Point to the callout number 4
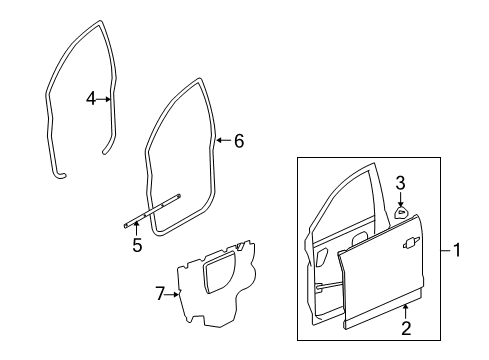pos(90,99)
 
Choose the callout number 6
pos(238,141)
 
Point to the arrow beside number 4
pos(106,99)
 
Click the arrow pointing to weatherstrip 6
pos(222,141)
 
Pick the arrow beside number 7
pos(174,293)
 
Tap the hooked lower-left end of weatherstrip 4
pos(61,177)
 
